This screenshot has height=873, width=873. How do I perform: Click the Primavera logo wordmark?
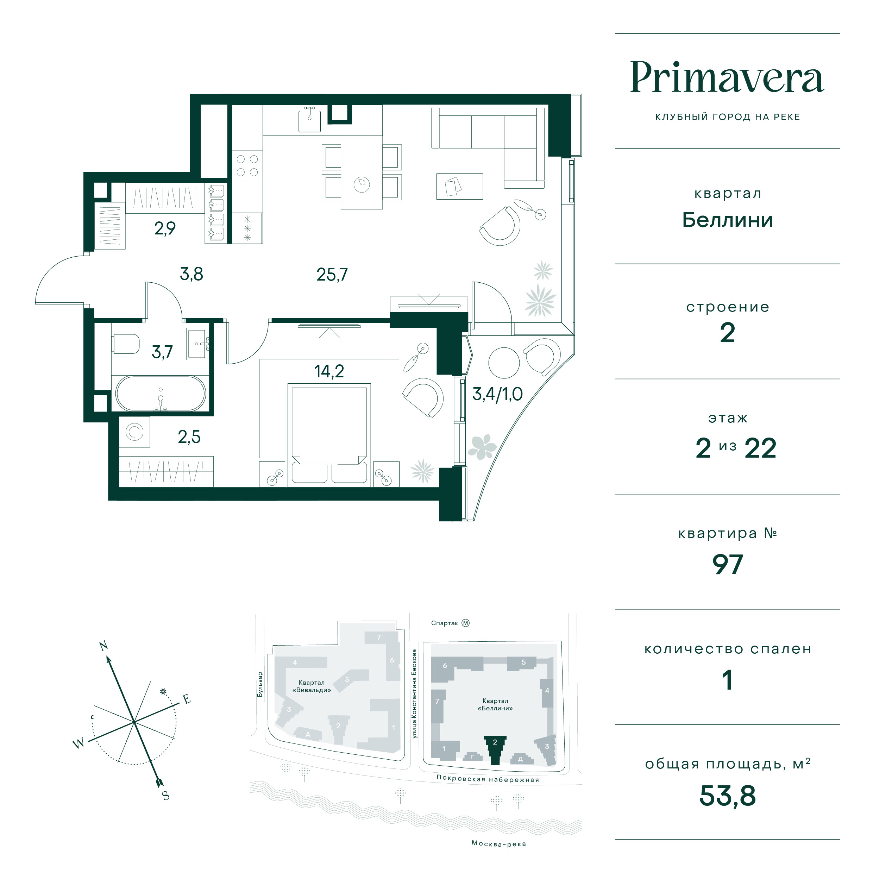[727, 77]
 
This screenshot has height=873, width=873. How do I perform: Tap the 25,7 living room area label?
[332, 275]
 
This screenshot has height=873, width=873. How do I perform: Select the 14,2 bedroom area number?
[329, 371]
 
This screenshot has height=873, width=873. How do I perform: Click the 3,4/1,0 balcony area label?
[497, 394]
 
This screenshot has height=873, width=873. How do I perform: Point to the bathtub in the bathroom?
[161, 393]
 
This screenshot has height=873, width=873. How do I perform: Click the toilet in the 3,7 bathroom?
[126, 344]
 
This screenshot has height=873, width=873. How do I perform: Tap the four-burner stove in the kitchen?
[247, 165]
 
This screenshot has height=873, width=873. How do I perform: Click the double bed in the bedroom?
[329, 435]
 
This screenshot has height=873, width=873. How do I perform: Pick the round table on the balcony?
[504, 362]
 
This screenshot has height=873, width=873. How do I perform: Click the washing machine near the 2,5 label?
[134, 432]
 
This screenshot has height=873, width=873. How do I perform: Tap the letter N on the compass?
[103, 645]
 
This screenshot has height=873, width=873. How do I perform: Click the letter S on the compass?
[166, 796]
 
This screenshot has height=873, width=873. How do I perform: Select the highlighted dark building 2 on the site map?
[495, 750]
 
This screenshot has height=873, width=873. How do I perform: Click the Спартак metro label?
[445, 623]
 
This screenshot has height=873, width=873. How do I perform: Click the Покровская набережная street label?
[488, 779]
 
